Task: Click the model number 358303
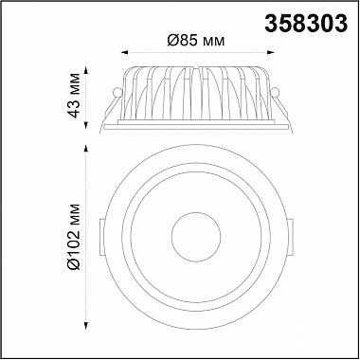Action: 306,25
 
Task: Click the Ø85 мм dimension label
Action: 196,41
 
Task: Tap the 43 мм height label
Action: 74,96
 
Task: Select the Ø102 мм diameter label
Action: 74,236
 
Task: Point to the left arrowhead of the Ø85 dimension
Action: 125,52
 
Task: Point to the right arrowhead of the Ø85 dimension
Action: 270,52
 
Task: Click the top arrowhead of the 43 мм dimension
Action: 85,70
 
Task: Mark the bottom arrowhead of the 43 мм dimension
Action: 85,126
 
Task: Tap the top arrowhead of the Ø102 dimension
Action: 85,149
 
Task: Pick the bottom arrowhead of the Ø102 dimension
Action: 85,326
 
